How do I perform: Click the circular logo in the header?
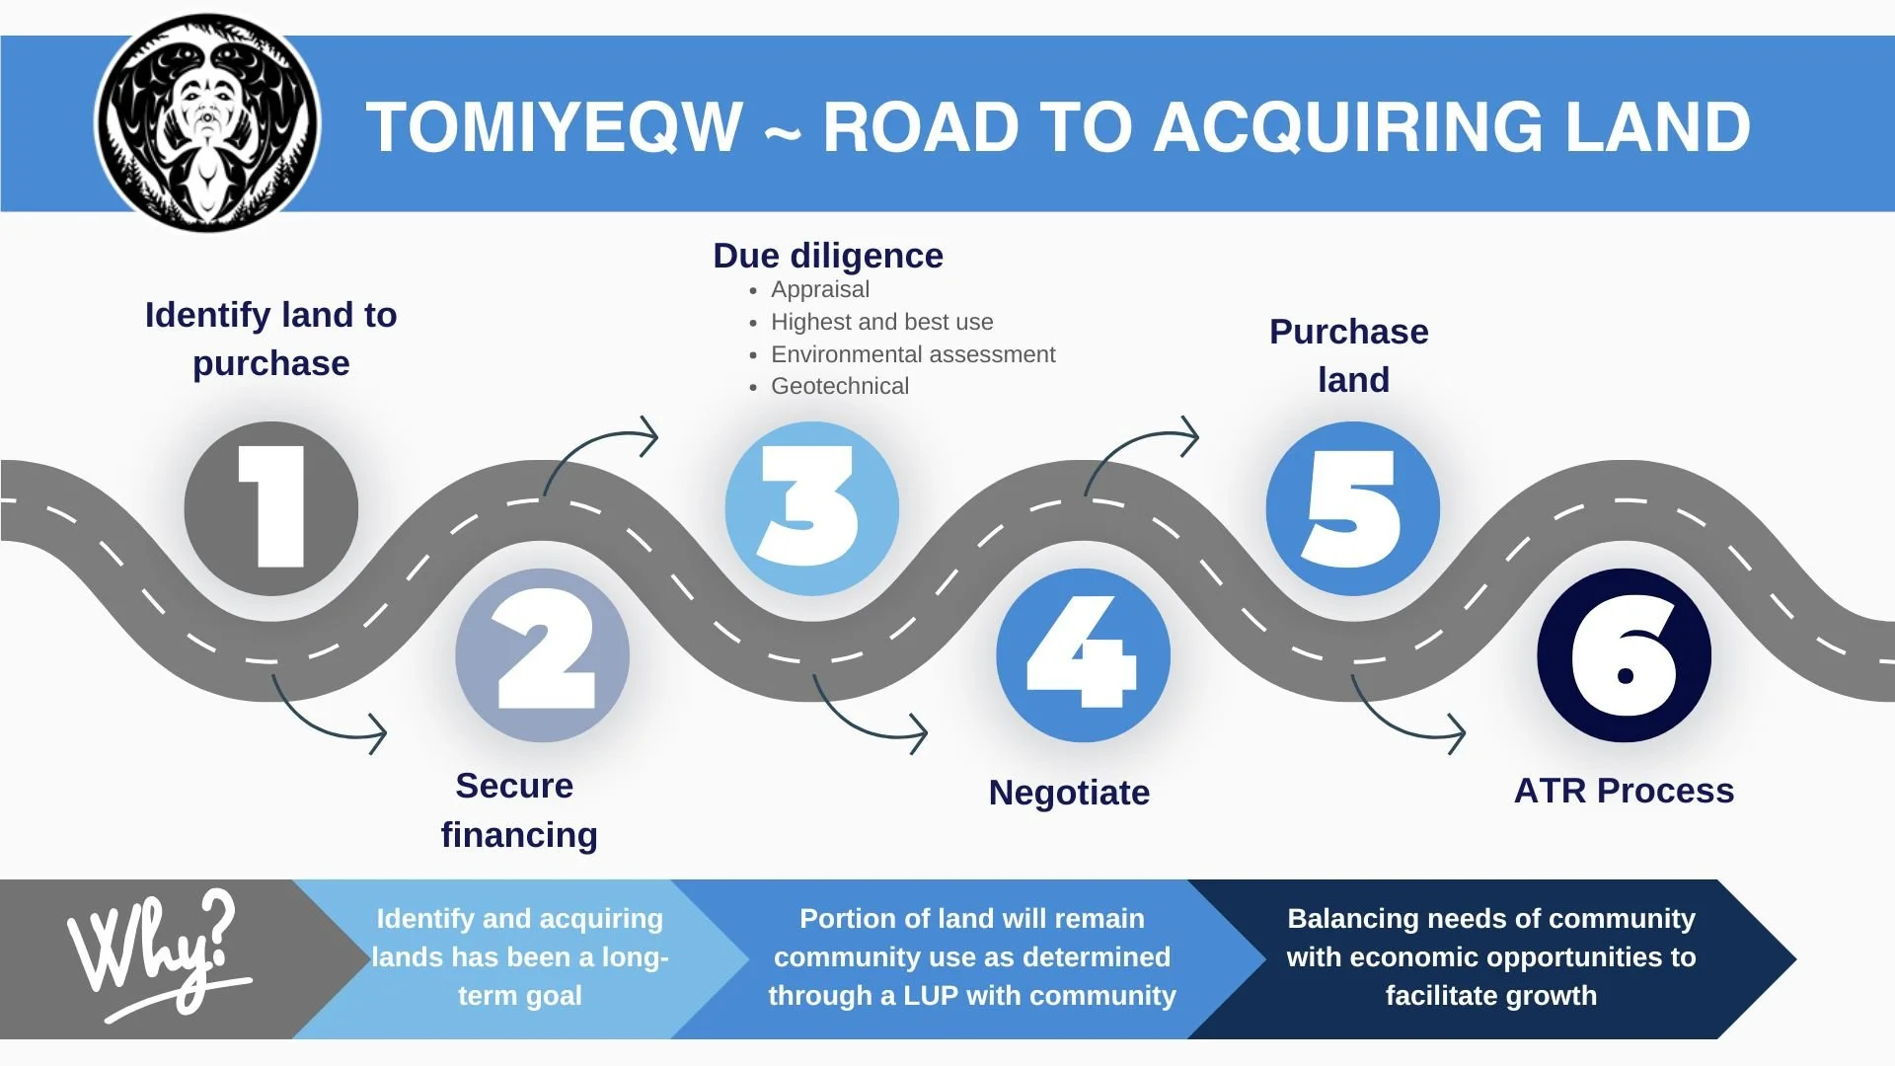point(207,124)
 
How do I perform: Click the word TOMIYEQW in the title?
point(554,128)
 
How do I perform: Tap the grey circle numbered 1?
point(270,508)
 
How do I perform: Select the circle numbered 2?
point(542,654)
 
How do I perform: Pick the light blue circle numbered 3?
point(811,508)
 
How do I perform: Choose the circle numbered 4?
point(1083,654)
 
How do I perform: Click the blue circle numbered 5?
point(1352,508)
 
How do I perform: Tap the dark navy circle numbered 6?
point(1624,654)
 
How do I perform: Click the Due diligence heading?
point(828,256)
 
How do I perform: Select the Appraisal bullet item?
point(820,289)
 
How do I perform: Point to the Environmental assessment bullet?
point(913,354)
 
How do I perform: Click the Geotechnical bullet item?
point(840,386)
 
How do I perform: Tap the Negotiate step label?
point(1069,793)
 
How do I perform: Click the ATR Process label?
point(1624,791)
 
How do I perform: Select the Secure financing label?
point(518,810)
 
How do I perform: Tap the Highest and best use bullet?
point(881,322)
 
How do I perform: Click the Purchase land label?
point(1349,355)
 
